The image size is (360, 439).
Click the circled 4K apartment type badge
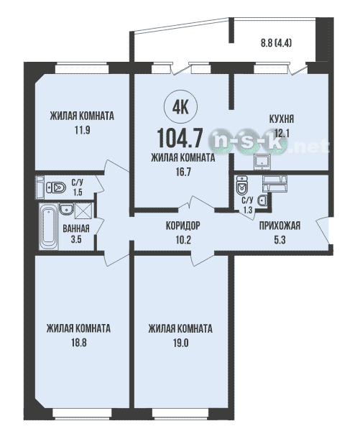(181, 107)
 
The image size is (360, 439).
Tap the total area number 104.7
(180, 138)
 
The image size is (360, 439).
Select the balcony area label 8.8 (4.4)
(277, 43)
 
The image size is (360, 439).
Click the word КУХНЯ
(282, 119)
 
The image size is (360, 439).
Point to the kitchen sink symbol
(262, 162)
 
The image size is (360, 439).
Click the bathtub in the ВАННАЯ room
(49, 226)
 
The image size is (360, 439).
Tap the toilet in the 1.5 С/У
(56, 187)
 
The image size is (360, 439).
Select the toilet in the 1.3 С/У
(242, 185)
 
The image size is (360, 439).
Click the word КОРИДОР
(183, 226)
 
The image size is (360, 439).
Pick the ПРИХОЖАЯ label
(280, 226)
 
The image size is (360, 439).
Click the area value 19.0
(180, 343)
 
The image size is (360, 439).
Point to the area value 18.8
(78, 343)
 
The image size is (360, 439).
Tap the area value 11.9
(83, 131)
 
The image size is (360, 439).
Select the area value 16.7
(183, 172)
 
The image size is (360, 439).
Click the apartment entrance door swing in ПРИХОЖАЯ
(323, 229)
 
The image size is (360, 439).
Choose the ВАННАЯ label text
(76, 228)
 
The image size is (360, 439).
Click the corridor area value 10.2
(183, 240)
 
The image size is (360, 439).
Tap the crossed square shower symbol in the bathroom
(83, 211)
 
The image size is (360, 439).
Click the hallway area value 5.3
(280, 240)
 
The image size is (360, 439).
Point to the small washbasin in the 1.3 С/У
(262, 200)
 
